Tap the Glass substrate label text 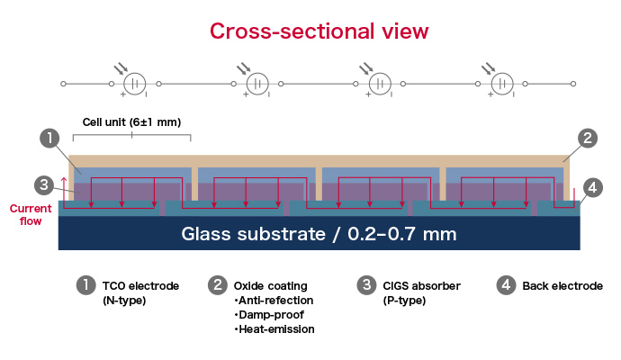319,235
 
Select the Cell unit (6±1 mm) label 132,122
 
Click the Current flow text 31,214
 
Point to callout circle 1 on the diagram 50,139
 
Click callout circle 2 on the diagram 586,139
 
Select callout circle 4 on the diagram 591,188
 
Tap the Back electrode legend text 562,286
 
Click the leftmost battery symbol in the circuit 135,84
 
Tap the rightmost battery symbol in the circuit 501,84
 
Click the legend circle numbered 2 217,285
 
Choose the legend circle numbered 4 507,285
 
